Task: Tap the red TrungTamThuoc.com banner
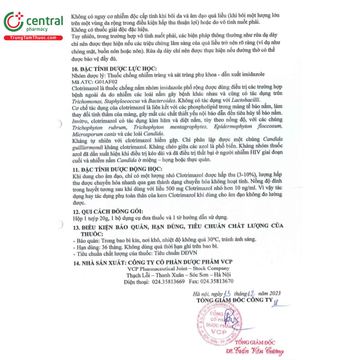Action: tap(33, 38)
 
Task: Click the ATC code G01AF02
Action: tap(106, 81)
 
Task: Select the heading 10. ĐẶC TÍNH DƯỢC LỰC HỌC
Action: tap(114, 69)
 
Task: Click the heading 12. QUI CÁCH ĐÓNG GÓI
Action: tap(108, 211)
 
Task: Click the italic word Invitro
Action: tap(80, 121)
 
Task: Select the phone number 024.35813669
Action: tap(168, 281)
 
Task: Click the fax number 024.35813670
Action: tap(217, 281)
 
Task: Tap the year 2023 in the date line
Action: tap(275, 293)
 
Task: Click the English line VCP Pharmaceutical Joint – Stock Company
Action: tap(178, 268)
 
